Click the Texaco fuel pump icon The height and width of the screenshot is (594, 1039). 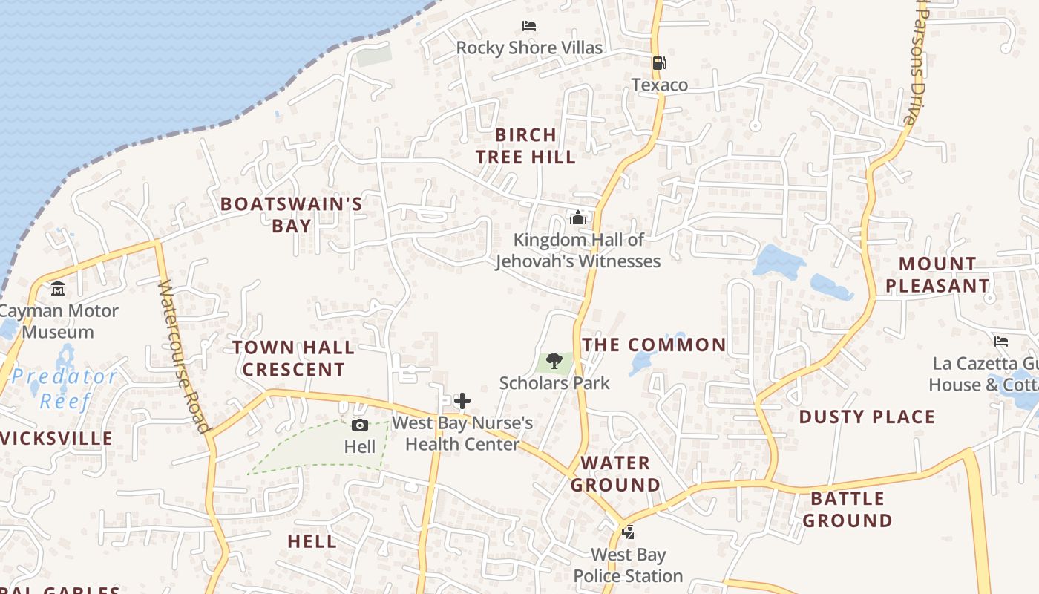(658, 63)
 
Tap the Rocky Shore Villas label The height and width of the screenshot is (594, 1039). (529, 48)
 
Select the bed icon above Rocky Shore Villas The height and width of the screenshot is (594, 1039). (529, 26)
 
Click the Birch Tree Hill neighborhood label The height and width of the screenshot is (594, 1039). (525, 146)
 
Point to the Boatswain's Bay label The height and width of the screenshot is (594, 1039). (292, 215)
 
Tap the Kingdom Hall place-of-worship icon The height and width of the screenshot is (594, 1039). (577, 218)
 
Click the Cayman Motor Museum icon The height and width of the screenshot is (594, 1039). (58, 288)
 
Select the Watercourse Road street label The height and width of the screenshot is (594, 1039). (183, 356)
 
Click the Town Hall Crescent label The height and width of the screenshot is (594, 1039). (294, 358)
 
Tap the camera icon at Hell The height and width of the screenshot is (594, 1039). (360, 425)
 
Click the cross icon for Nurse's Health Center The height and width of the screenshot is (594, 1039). (462, 402)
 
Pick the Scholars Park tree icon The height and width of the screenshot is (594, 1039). (554, 362)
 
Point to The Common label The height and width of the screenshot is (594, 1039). (654, 345)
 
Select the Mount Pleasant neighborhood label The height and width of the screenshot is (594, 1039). (937, 275)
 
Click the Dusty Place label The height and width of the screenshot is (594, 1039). (867, 417)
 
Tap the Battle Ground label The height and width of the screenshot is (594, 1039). (847, 509)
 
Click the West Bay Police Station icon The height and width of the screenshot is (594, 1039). (628, 532)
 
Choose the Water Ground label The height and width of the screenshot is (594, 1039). (614, 474)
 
